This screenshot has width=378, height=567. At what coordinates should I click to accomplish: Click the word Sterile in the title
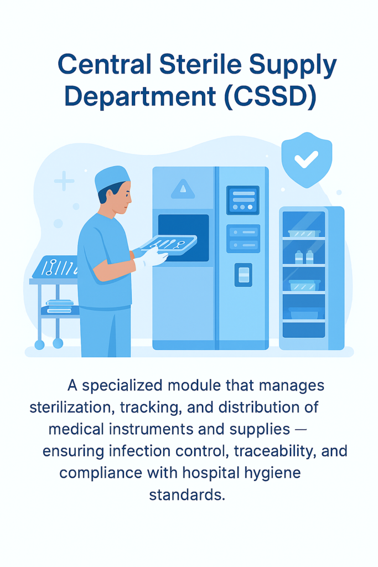click(200, 65)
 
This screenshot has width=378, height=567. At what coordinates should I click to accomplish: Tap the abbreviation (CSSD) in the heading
click(270, 96)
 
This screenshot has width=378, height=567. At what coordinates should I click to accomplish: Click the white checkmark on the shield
click(306, 159)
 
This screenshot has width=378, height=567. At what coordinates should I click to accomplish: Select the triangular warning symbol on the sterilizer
click(183, 189)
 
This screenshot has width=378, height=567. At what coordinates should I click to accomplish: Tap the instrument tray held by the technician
click(169, 245)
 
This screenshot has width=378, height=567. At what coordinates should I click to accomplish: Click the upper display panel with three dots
click(243, 200)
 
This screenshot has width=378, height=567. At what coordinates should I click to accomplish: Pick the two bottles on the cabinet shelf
click(304, 257)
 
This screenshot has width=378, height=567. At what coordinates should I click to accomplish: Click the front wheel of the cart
click(58, 343)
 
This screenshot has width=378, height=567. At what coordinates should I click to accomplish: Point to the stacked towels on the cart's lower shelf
click(60, 306)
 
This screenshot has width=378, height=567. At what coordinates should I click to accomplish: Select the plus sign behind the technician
click(64, 181)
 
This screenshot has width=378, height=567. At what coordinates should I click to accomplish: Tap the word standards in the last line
click(187, 494)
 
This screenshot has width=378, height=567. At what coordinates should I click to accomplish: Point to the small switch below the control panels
click(243, 275)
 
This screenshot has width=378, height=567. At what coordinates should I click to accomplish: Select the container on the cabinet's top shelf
click(304, 234)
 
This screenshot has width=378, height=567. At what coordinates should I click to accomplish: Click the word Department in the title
click(140, 96)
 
